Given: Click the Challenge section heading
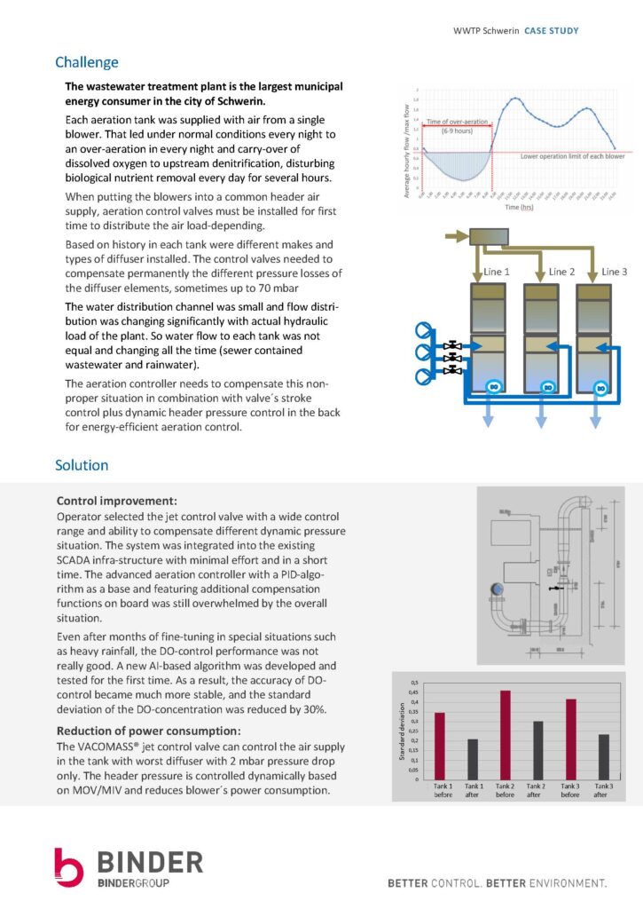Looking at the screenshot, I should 86,62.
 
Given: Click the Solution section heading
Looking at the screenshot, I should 82,465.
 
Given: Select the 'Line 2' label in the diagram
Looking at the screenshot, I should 562,271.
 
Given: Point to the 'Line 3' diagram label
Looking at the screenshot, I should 614,271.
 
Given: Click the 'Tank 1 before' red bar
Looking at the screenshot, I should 440,745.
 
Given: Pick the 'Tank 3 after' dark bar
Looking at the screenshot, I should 603,755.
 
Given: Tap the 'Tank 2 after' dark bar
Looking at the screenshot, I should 538,749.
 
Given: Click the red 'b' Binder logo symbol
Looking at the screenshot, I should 68,867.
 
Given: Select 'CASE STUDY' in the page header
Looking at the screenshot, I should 551,31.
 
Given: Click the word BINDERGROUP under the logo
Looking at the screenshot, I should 132,882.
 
